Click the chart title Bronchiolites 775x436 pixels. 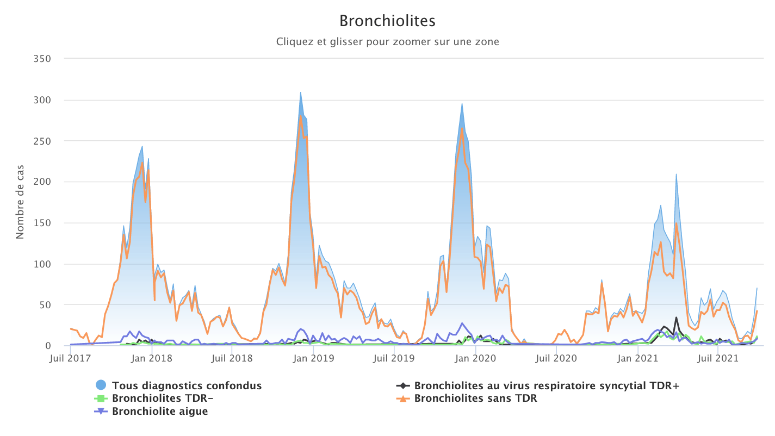387,21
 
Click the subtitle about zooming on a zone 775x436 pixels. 387,41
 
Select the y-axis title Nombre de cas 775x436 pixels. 20,202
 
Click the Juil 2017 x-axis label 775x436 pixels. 70,359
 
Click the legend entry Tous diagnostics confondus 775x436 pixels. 187,385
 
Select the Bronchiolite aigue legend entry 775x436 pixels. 160,411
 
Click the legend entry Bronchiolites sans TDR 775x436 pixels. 475,398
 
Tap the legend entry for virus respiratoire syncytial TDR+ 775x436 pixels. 547,385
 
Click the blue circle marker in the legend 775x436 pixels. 101,385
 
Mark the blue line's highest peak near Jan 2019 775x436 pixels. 300,92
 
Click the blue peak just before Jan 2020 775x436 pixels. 462,104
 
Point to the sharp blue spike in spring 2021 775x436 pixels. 676,174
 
